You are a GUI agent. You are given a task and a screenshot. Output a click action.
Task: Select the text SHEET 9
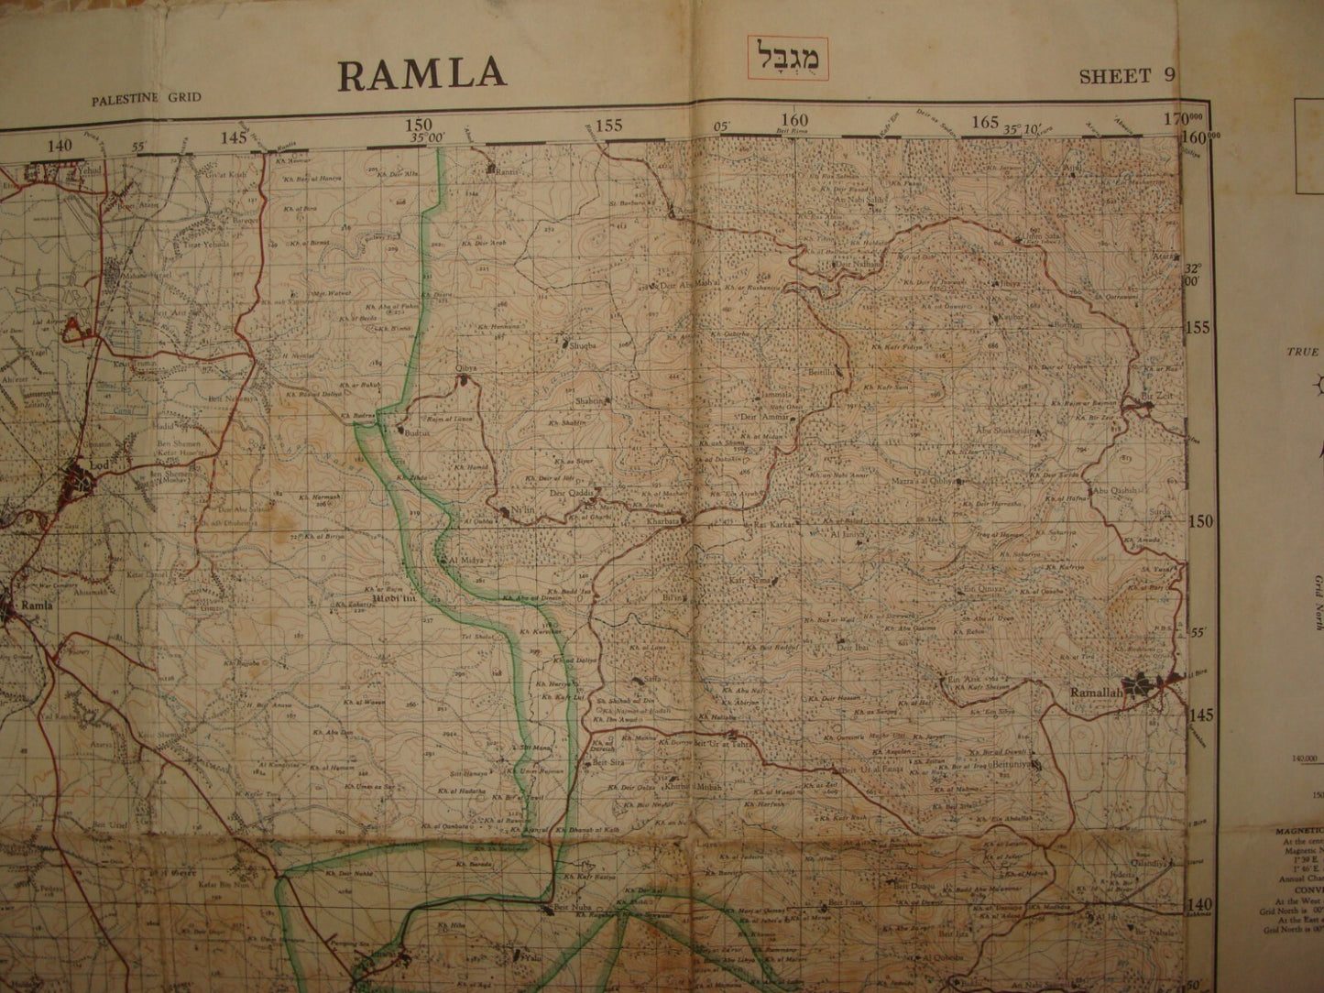click(1126, 76)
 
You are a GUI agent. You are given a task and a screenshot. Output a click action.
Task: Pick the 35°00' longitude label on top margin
click(427, 136)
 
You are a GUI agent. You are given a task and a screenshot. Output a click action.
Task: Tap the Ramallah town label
click(1096, 693)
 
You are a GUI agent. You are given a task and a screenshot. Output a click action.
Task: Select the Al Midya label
click(464, 559)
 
